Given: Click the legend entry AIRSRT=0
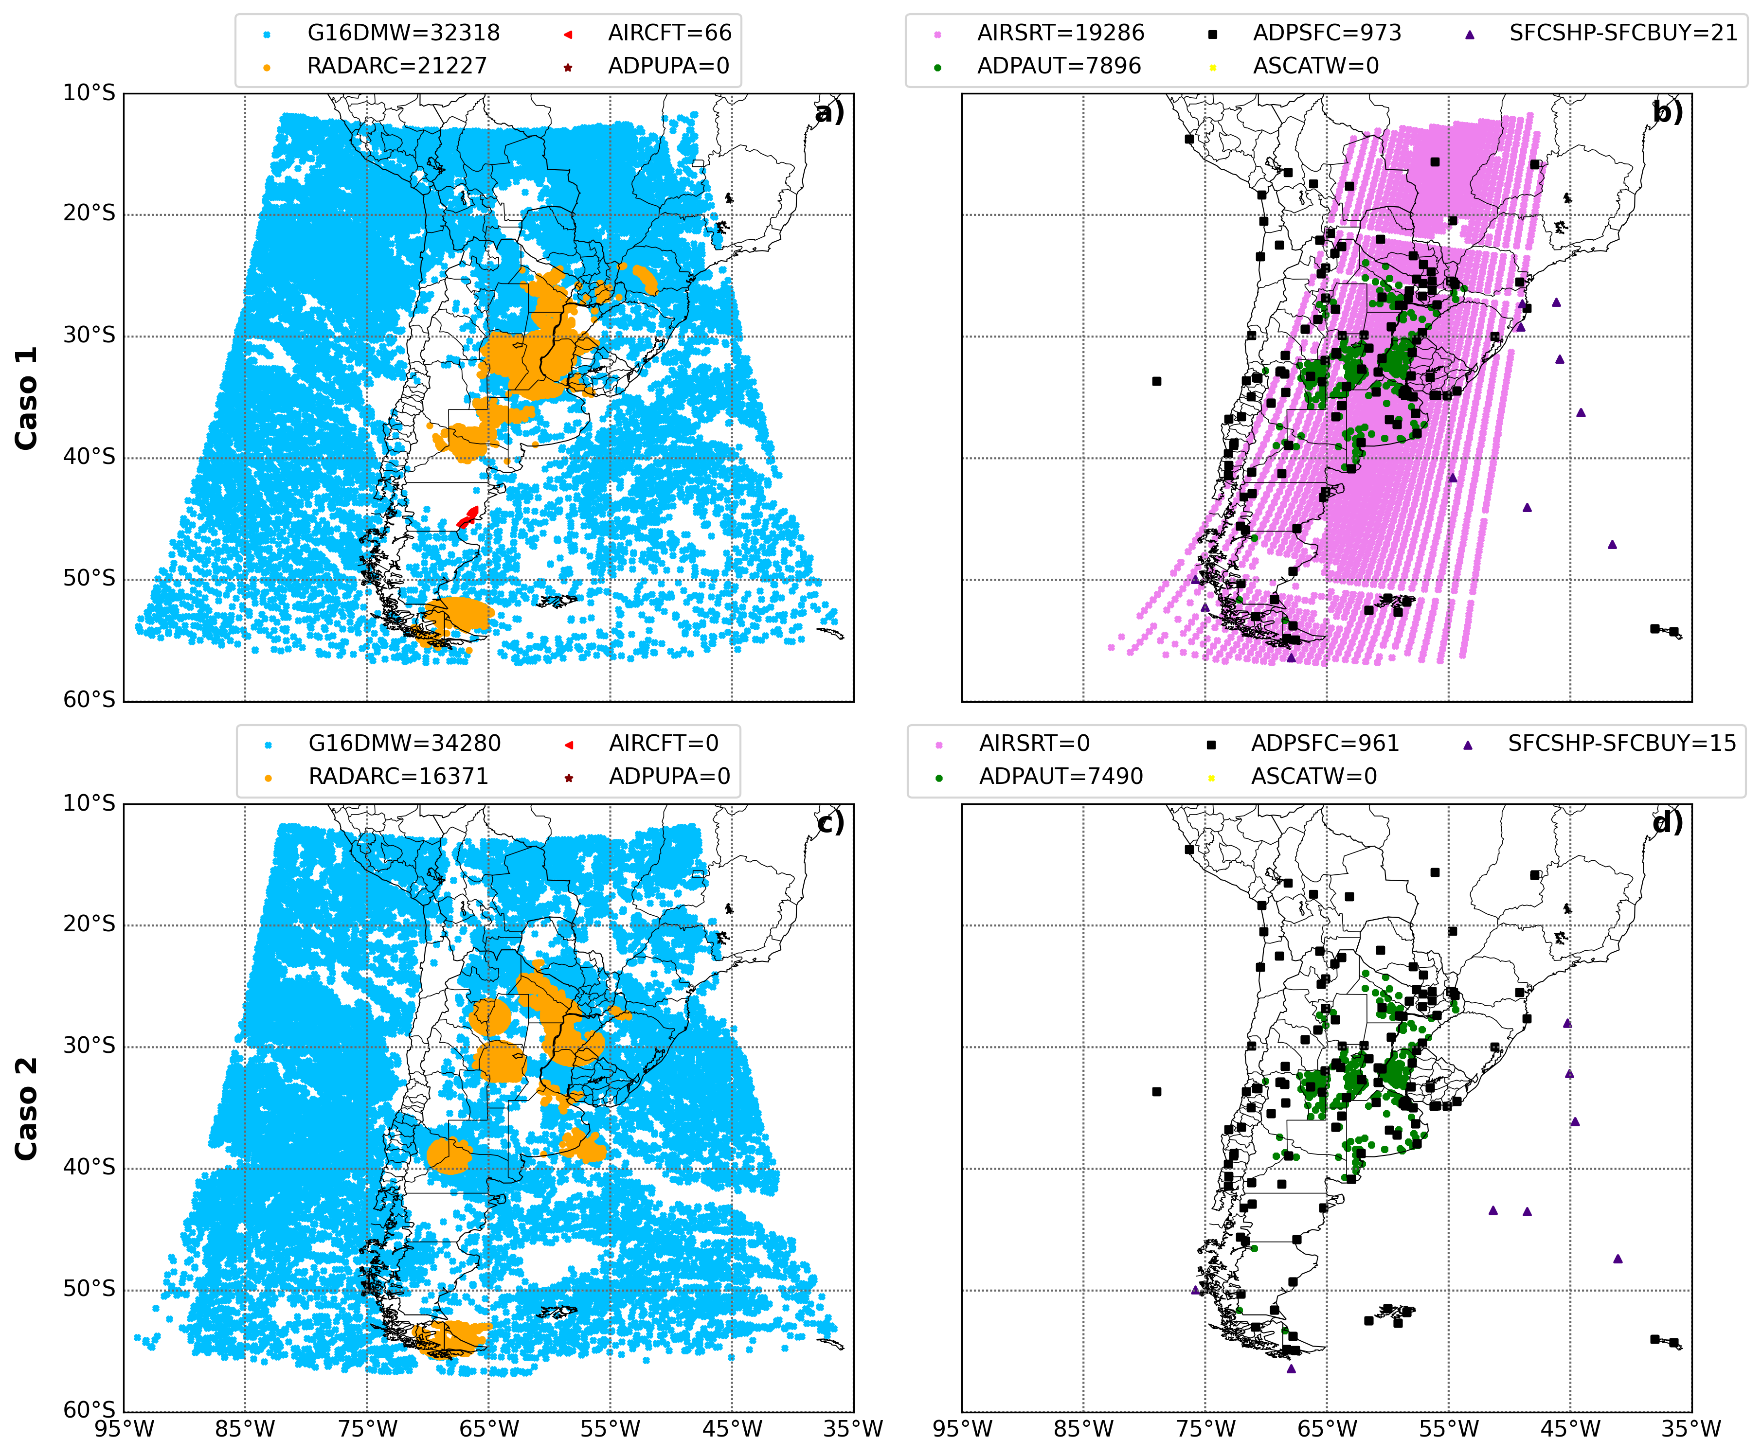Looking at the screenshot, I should [1034, 744].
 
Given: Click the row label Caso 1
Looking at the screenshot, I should [27, 397].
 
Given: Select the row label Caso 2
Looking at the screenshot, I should [27, 1109].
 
